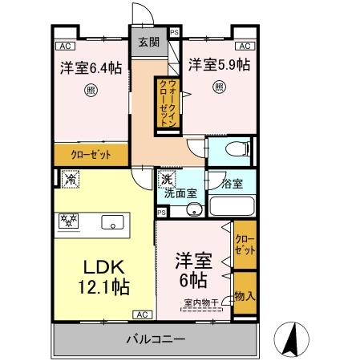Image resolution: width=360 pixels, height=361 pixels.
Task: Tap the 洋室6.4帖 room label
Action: [x=91, y=68]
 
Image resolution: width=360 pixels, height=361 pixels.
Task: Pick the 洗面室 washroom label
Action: [x=180, y=193]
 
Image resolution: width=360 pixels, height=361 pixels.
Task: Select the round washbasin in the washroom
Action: [x=192, y=210]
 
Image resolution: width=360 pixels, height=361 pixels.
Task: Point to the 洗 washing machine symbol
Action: [x=165, y=180]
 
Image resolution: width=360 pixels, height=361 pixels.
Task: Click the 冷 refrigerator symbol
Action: [x=69, y=180]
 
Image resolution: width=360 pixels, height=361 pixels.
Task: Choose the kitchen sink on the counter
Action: [x=111, y=222]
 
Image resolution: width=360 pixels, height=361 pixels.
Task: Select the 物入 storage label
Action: [x=245, y=296]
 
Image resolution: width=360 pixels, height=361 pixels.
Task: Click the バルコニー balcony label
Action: [x=156, y=339]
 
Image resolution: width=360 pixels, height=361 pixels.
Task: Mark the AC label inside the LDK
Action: [x=142, y=314]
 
